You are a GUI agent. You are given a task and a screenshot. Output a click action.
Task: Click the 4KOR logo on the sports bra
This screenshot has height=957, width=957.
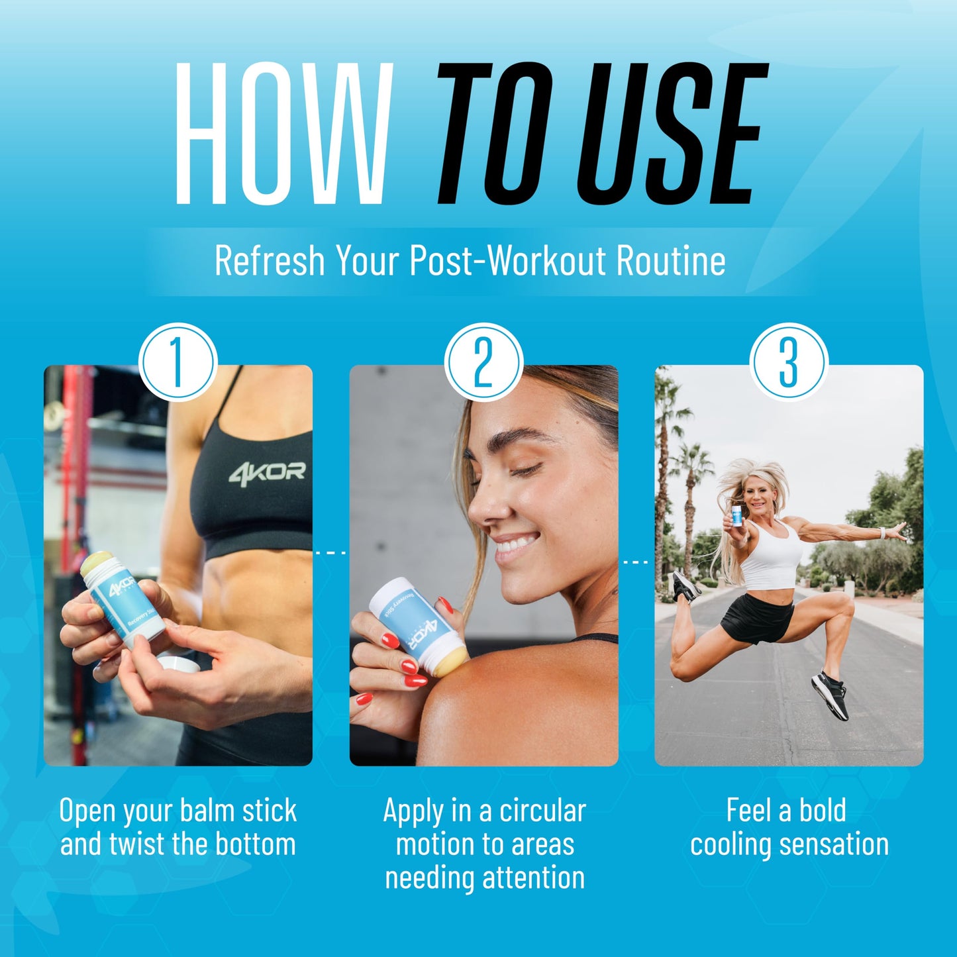point(267,472)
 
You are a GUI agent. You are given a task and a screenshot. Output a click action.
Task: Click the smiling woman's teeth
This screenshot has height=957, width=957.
point(517,544)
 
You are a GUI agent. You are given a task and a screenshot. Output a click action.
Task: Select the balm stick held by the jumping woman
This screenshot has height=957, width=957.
point(737,516)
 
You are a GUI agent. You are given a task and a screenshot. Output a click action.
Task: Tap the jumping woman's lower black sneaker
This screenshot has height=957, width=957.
point(830,695)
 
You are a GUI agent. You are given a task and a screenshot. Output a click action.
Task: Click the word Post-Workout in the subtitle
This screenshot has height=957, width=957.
point(507,260)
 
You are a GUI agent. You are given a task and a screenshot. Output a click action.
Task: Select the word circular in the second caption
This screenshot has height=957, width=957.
point(543,811)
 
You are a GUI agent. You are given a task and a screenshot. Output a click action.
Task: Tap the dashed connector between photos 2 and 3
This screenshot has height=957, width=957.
point(636,562)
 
